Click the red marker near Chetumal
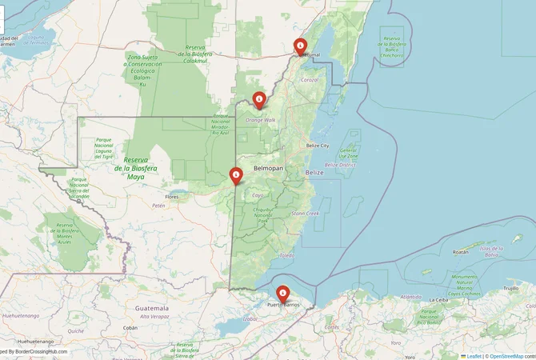300,46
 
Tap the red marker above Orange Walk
259,100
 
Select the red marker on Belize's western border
236,175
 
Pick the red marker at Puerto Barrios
282,294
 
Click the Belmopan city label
269,170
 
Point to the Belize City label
318,146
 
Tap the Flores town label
171,196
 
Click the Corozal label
310,80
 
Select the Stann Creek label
306,214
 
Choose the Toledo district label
286,255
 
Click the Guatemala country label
152,308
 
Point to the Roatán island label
460,251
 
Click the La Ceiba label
438,300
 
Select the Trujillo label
510,288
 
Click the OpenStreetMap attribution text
512,355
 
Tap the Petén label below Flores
158,206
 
